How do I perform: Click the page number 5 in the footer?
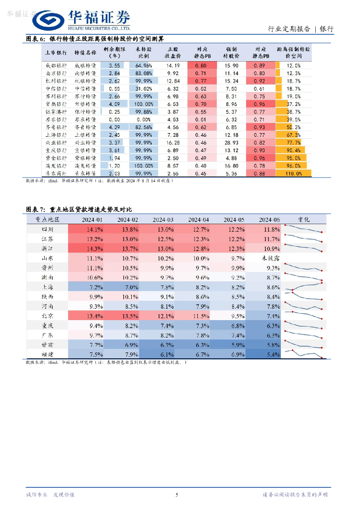177,495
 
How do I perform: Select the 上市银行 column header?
55,53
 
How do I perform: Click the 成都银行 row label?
55,66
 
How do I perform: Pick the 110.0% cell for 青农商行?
294,173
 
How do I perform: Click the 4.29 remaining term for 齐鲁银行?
114,127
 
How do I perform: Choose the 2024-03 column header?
163,220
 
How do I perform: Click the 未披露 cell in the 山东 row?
270,258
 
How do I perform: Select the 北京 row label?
47,316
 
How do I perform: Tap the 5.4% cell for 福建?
270,354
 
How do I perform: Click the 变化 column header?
304,220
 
